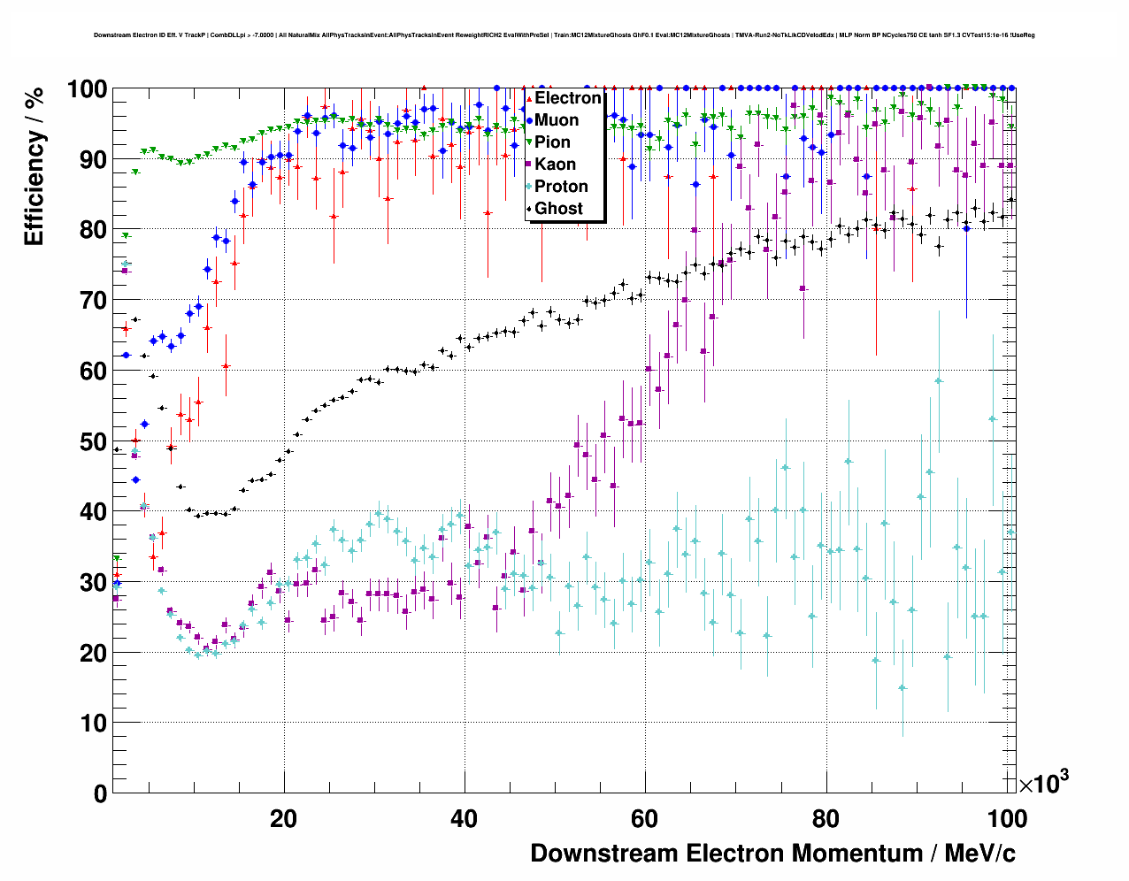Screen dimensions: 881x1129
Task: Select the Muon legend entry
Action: (x=557, y=120)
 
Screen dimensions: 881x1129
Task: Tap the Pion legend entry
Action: (x=552, y=142)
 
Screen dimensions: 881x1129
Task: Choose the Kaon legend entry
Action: (x=555, y=165)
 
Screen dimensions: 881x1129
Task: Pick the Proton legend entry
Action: (x=561, y=187)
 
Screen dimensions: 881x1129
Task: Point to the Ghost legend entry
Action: (x=558, y=209)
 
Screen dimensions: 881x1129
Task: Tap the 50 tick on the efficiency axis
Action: (x=93, y=441)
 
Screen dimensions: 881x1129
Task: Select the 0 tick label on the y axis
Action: (x=100, y=793)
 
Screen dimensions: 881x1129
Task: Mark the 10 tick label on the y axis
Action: (x=93, y=724)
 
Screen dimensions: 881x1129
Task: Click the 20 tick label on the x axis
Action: (x=284, y=818)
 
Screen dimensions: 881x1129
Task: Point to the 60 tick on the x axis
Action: (x=645, y=818)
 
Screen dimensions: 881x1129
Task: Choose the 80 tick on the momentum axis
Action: (x=826, y=818)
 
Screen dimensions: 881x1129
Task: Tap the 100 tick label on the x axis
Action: (x=1006, y=818)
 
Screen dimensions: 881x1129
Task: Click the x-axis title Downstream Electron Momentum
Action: (x=772, y=854)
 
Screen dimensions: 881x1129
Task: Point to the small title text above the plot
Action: (x=564, y=35)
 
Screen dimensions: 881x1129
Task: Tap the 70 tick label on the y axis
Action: (x=93, y=301)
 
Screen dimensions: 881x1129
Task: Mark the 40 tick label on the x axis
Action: (x=465, y=818)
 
